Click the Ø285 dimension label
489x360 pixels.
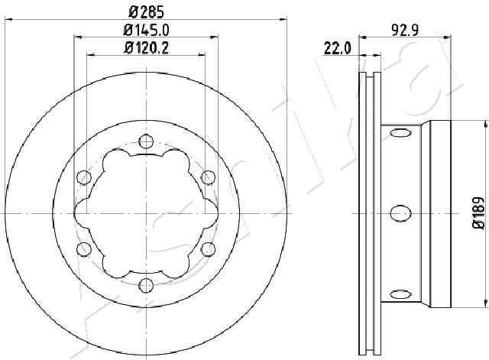(x=146, y=12)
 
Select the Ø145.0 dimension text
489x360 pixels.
(x=146, y=31)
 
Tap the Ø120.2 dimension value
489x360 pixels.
(x=146, y=47)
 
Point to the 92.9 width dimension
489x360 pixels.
(x=405, y=31)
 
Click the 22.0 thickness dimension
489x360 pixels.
(x=337, y=48)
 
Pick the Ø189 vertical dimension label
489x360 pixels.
(x=478, y=213)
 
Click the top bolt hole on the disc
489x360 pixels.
(x=146, y=141)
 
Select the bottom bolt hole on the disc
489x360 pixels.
(x=146, y=285)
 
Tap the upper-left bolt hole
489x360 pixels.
(x=84, y=177)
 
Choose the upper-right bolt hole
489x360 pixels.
(x=208, y=177)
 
